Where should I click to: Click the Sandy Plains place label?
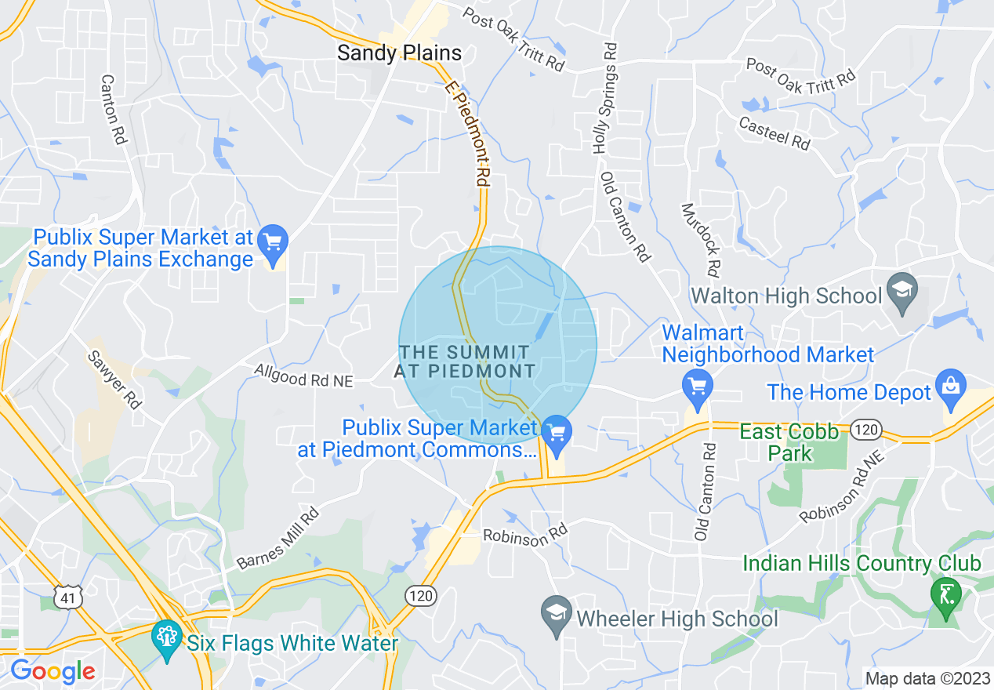pos(399,53)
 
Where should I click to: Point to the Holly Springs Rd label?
pos(604,98)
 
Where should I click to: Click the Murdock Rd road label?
pos(700,241)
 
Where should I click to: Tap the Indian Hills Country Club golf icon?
pos(945,594)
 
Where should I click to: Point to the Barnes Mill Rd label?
pos(278,539)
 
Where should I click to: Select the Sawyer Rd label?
pos(114,379)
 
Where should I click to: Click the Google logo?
pos(52,670)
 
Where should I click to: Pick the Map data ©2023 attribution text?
pos(925,677)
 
